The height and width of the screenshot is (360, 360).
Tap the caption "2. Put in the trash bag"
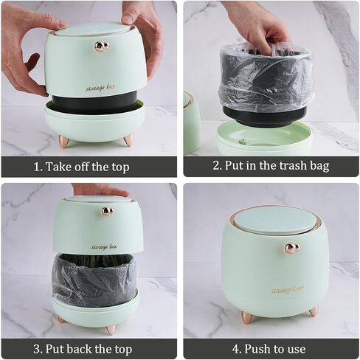pos(271,166)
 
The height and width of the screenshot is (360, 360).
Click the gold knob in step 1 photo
pos(102,46)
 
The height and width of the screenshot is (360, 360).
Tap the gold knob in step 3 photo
pos(108,212)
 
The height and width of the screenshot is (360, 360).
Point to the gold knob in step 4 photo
pos(291,248)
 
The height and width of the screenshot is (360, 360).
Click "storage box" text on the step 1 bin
pos(101,87)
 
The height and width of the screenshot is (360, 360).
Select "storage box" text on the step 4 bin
pos(287,289)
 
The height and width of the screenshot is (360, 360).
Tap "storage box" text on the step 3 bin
pos(104,246)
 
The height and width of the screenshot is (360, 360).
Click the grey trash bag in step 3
pos(93,280)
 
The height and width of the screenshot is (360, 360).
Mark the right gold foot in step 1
pos(128,139)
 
